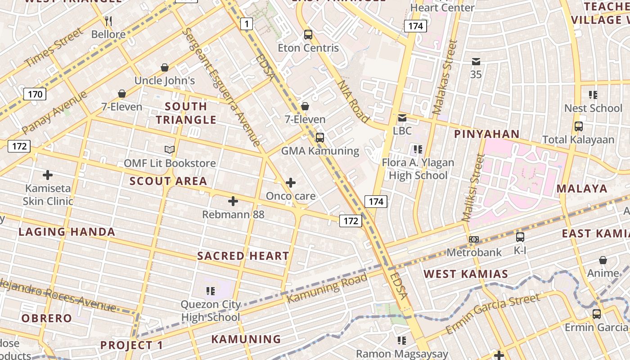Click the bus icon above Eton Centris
pyautogui.click(x=308, y=34)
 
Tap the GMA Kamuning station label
pyautogui.click(x=320, y=151)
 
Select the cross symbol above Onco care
pyautogui.click(x=291, y=183)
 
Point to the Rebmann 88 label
pyautogui.click(x=233, y=214)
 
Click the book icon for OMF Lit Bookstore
pyautogui.click(x=169, y=149)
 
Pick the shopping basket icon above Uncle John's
pyautogui.click(x=165, y=67)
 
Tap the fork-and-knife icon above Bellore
pyautogui.click(x=108, y=21)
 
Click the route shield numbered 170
pyautogui.click(x=35, y=94)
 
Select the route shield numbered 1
pyautogui.click(x=246, y=23)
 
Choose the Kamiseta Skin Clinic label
pyautogui.click(x=48, y=194)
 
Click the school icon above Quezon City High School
pyautogui.click(x=210, y=291)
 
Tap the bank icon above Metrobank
pyautogui.click(x=474, y=239)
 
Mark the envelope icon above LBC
pyautogui.click(x=402, y=118)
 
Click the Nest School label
pyautogui.click(x=593, y=108)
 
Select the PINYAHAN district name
pyautogui.click(x=486, y=134)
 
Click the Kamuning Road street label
pyautogui.click(x=327, y=288)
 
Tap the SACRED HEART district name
pyautogui.click(x=243, y=256)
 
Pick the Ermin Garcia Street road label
pyautogui.click(x=493, y=314)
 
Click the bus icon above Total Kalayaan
pyautogui.click(x=578, y=126)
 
